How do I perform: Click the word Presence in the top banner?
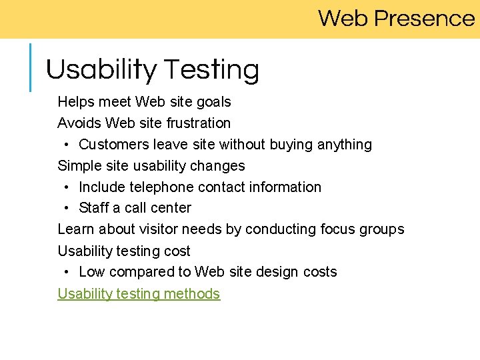(x=424, y=18)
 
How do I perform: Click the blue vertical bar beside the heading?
(x=31, y=67)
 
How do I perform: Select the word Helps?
(x=75, y=102)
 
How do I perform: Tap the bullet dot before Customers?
(x=68, y=145)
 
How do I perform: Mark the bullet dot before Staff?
(x=68, y=208)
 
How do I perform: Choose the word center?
(x=171, y=208)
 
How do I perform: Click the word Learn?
(x=76, y=229)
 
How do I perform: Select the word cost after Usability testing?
(x=176, y=251)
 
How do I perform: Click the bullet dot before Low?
(x=68, y=272)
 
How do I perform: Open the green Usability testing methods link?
(x=139, y=294)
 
